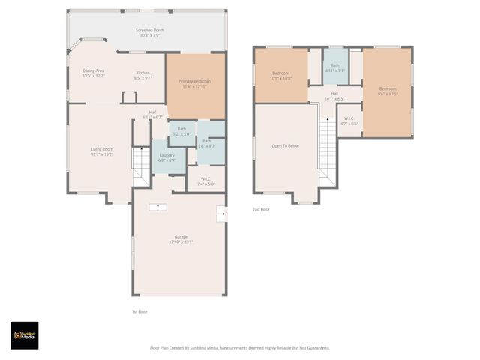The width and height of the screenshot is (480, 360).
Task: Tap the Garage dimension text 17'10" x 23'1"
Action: (x=181, y=242)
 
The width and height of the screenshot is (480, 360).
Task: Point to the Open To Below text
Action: (x=285, y=145)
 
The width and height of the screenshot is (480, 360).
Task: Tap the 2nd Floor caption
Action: (x=261, y=210)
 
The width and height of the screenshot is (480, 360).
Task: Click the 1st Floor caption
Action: (x=139, y=311)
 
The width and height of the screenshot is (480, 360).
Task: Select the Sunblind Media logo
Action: (x=24, y=335)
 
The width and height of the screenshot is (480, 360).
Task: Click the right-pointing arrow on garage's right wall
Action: (x=220, y=214)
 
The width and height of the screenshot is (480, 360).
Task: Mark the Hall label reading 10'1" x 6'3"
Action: (x=334, y=95)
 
